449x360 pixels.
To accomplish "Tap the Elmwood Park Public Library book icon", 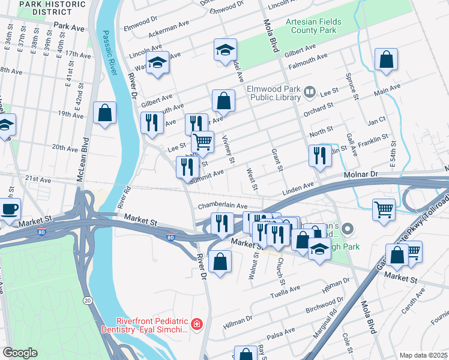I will point(310,92).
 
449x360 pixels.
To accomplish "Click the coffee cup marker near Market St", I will point(9,209).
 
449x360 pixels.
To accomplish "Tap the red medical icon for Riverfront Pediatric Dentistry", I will point(197,325).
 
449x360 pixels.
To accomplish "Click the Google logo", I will point(20,353).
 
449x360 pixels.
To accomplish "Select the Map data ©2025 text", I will point(423,355).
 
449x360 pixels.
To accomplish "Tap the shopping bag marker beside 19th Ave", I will point(105,112).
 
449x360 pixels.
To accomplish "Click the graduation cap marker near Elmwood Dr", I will point(225,50).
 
